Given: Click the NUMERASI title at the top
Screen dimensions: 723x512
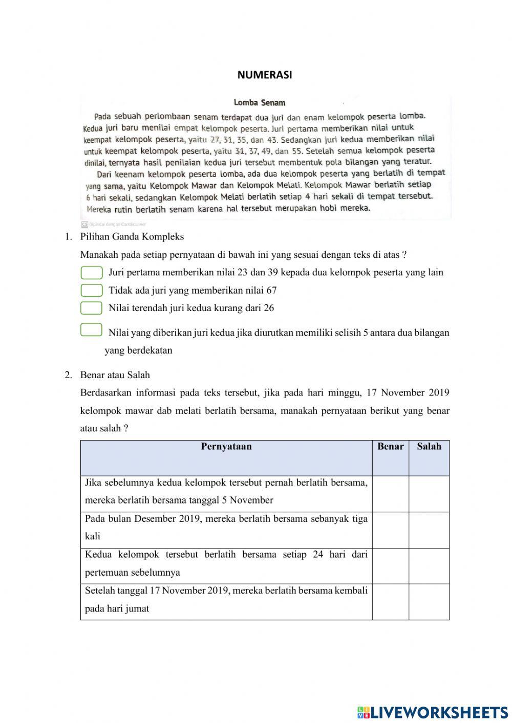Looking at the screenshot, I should coord(265,75).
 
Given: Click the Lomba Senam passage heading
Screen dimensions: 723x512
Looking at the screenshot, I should coord(260,103).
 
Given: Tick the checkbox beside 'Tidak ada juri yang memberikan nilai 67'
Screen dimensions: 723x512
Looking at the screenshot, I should coord(92,291).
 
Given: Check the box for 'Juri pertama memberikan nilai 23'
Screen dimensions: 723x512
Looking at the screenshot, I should coord(92,273).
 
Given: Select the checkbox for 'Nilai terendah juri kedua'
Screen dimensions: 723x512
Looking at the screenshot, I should coord(92,308).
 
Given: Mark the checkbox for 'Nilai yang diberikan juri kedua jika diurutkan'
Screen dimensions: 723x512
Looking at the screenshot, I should coord(92,330).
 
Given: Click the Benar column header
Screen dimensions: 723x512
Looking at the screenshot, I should coord(390,447).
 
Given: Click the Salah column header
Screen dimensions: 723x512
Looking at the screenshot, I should coord(429,447).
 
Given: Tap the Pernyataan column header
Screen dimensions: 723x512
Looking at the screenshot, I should coord(226,447).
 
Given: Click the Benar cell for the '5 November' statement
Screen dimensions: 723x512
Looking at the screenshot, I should coord(390,494).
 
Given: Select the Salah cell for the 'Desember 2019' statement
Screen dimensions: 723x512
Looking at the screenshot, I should coord(429,530).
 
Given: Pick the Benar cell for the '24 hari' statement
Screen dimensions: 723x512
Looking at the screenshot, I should coord(390,566).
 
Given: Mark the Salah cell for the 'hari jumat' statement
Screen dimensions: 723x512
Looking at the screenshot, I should coord(429,602).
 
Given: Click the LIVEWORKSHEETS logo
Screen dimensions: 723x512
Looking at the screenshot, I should coord(433,712).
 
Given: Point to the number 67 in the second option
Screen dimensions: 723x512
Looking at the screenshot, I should coord(271,291).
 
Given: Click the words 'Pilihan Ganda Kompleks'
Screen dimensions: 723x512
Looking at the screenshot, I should coord(132,237).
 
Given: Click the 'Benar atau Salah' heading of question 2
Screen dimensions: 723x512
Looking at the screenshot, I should coord(115,375).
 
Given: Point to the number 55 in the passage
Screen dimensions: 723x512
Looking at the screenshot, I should coord(296,151).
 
